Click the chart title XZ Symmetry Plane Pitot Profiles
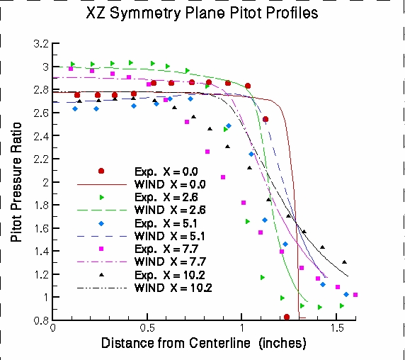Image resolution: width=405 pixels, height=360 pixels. click(x=202, y=14)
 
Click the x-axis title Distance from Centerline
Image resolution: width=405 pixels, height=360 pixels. click(x=203, y=344)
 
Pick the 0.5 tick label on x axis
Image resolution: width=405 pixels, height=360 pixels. click(x=147, y=330)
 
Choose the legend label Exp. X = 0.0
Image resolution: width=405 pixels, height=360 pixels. click(x=167, y=171)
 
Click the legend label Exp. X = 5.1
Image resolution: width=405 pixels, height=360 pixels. click(x=167, y=223)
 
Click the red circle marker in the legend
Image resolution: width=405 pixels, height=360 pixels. click(x=101, y=171)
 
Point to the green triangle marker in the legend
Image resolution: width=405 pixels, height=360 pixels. click(x=101, y=197)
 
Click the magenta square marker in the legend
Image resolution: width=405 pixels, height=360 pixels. click(x=101, y=249)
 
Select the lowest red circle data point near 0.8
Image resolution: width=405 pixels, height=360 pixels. click(x=287, y=317)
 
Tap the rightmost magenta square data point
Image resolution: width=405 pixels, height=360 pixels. click(x=355, y=295)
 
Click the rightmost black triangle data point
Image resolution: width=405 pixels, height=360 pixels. click(x=344, y=262)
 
